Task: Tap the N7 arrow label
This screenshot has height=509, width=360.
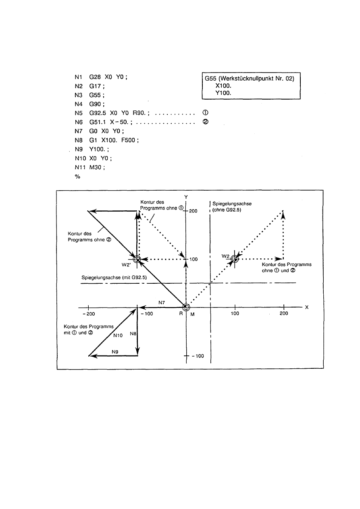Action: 162,302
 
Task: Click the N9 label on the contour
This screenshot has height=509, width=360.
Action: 114,351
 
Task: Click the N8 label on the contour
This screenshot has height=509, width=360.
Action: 133,334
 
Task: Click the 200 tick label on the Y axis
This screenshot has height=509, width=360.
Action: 192,211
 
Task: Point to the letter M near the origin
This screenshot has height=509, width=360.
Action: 192,314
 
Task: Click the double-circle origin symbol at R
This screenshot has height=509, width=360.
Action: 185,307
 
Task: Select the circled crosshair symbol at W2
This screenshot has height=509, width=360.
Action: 235,259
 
